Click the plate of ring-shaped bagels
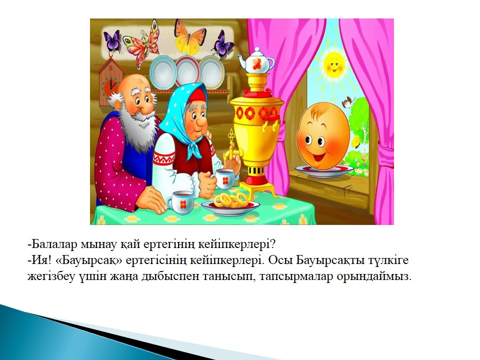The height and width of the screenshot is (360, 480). click(x=230, y=203)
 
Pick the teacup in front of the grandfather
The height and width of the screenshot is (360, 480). click(x=180, y=202)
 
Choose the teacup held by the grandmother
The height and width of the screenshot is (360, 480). click(x=224, y=179)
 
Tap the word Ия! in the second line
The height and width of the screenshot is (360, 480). click(x=39, y=260)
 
